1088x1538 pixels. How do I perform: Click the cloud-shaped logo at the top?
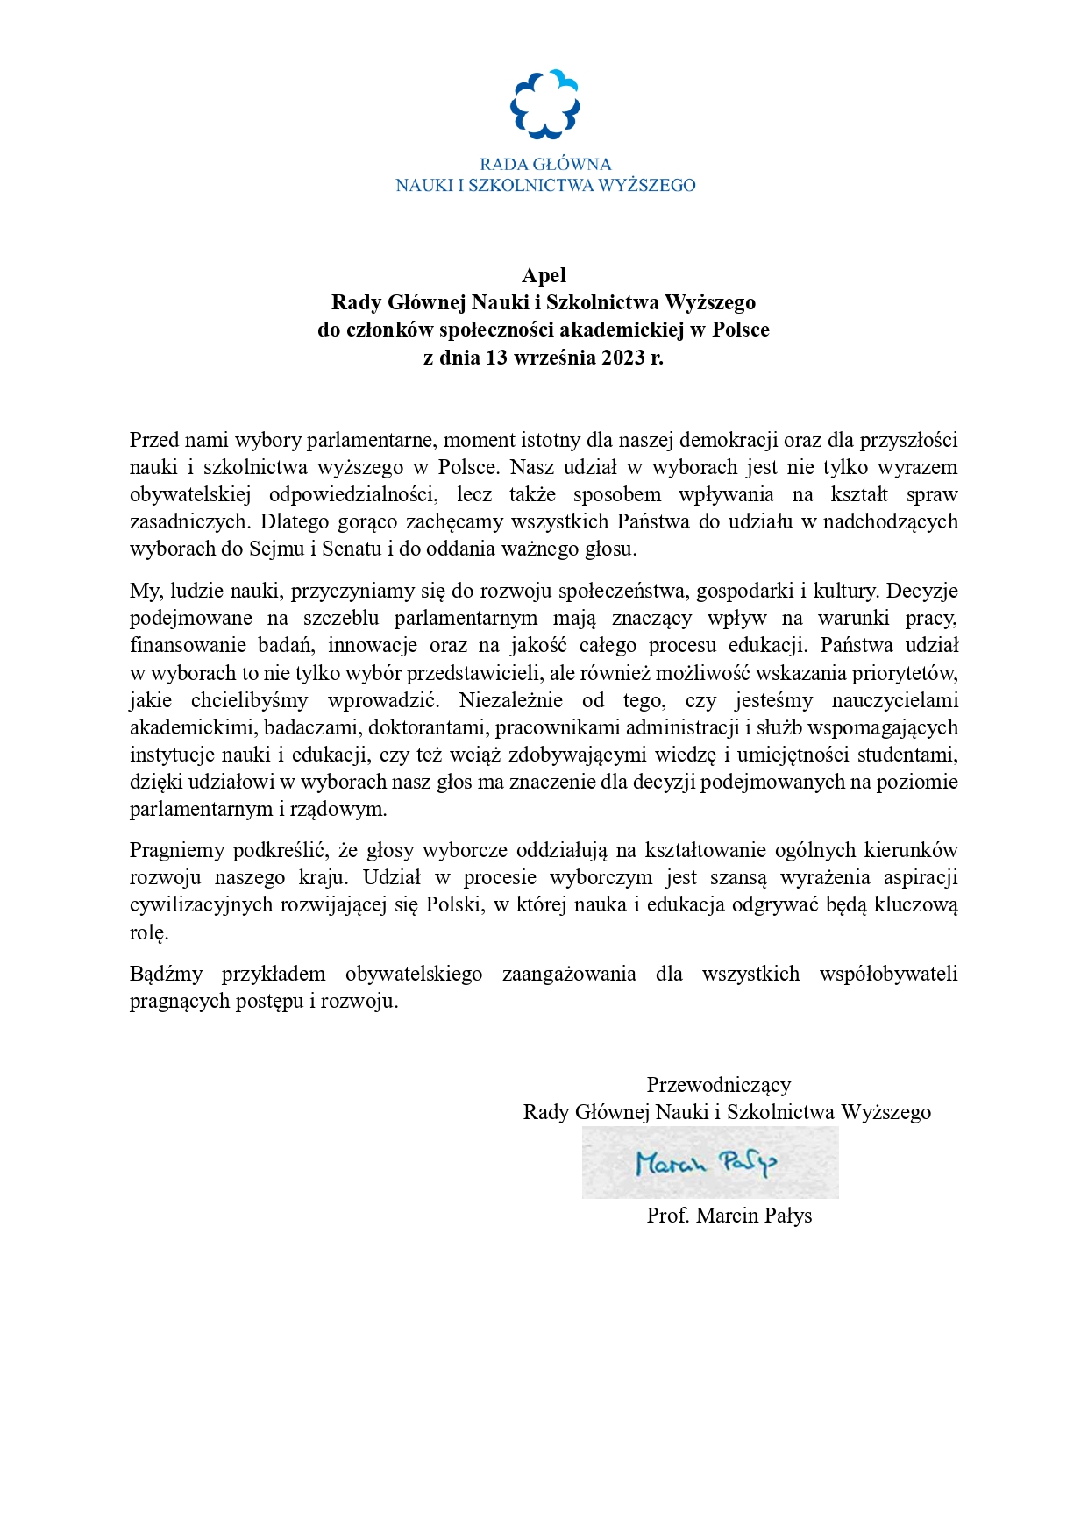pyautogui.click(x=544, y=104)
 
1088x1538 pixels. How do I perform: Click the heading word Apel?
pyautogui.click(x=544, y=275)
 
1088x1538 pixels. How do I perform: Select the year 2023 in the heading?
pyautogui.click(x=622, y=358)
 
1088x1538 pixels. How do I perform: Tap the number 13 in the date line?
pyautogui.click(x=497, y=358)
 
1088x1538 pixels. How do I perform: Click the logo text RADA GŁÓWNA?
pyautogui.click(x=544, y=164)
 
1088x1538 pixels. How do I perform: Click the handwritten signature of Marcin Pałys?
pyautogui.click(x=707, y=1163)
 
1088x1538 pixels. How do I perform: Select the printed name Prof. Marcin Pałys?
pyautogui.click(x=729, y=1216)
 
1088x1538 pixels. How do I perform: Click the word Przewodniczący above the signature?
pyautogui.click(x=718, y=1085)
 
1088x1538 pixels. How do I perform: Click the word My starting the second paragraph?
pyautogui.click(x=144, y=591)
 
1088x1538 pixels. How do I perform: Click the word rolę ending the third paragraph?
pyautogui.click(x=148, y=932)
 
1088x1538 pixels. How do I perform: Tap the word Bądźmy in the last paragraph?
pyautogui.click(x=166, y=974)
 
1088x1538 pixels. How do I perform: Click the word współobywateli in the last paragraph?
pyautogui.click(x=888, y=974)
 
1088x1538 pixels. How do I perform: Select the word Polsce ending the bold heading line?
pyautogui.click(x=740, y=330)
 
